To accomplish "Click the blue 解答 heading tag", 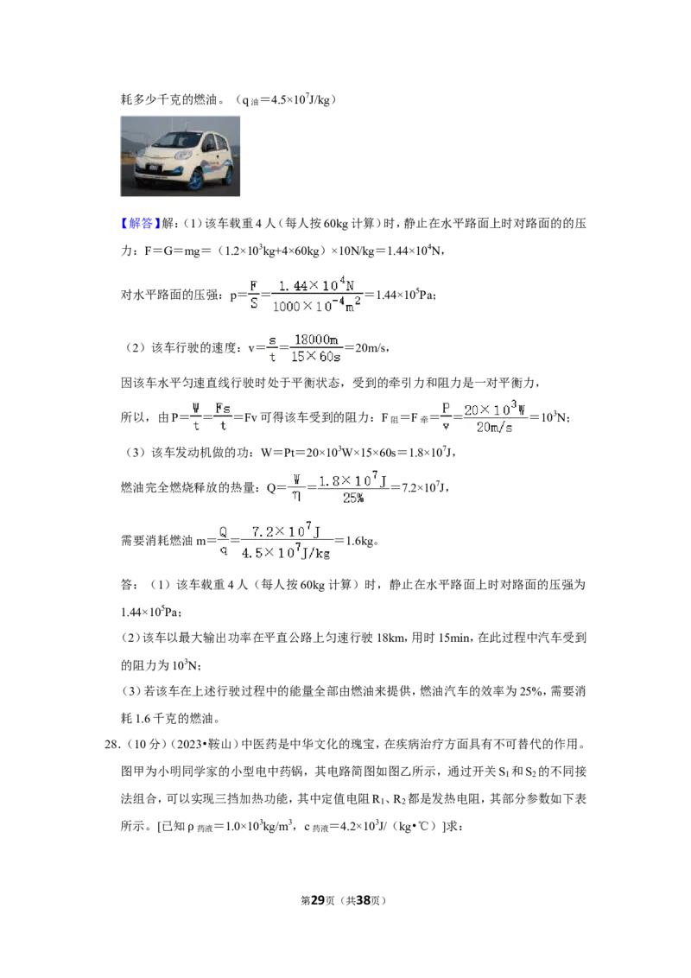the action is point(141,223).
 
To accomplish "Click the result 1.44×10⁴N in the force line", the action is point(414,251).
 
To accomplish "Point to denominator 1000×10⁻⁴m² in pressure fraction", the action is point(316,306).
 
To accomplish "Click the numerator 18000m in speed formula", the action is point(316,340).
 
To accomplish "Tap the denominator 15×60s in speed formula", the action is point(315,357).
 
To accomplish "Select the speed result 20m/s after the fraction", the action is point(371,348).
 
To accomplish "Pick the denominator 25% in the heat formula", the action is point(353,498).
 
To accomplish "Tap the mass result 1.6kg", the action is point(360,542).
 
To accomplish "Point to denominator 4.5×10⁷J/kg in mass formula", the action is point(286,553).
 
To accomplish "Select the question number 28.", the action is point(111,744).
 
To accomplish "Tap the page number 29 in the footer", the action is point(318,900).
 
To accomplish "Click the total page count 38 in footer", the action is point(363,900).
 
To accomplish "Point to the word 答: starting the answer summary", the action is point(129,585).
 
